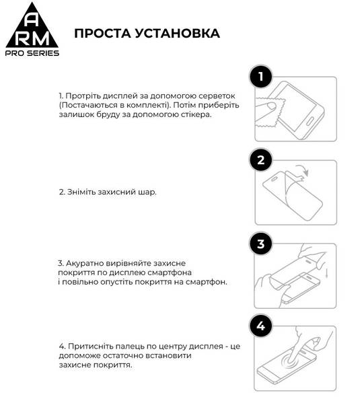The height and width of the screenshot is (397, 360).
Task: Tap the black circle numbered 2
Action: point(262,161)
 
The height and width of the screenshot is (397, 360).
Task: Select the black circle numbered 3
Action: point(262,244)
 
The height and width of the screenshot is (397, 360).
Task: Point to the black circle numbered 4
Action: point(262,328)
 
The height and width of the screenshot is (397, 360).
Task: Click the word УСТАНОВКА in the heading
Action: point(177,34)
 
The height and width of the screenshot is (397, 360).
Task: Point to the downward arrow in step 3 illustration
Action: point(326,277)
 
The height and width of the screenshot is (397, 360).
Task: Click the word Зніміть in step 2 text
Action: point(81,192)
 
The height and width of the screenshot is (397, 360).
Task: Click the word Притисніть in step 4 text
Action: point(89,346)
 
